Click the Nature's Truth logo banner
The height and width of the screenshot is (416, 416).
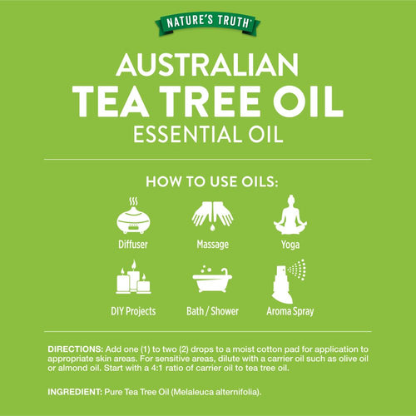point(208,24)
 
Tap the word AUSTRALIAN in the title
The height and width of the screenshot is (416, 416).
point(207,65)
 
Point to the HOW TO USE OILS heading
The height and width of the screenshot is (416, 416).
point(212,182)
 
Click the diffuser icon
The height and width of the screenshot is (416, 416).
point(133,215)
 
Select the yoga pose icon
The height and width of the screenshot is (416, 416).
point(290,215)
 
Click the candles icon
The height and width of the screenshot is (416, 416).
point(133,277)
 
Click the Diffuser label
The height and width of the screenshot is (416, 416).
point(133,245)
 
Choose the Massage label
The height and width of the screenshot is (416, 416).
point(213,245)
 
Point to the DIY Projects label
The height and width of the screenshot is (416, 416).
point(133,311)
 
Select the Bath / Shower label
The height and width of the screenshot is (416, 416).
point(212,311)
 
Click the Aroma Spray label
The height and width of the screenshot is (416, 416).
point(290,312)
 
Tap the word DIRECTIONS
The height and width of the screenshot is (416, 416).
point(76,349)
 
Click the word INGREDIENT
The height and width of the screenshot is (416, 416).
point(75,392)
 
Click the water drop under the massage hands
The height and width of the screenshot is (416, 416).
point(212,228)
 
